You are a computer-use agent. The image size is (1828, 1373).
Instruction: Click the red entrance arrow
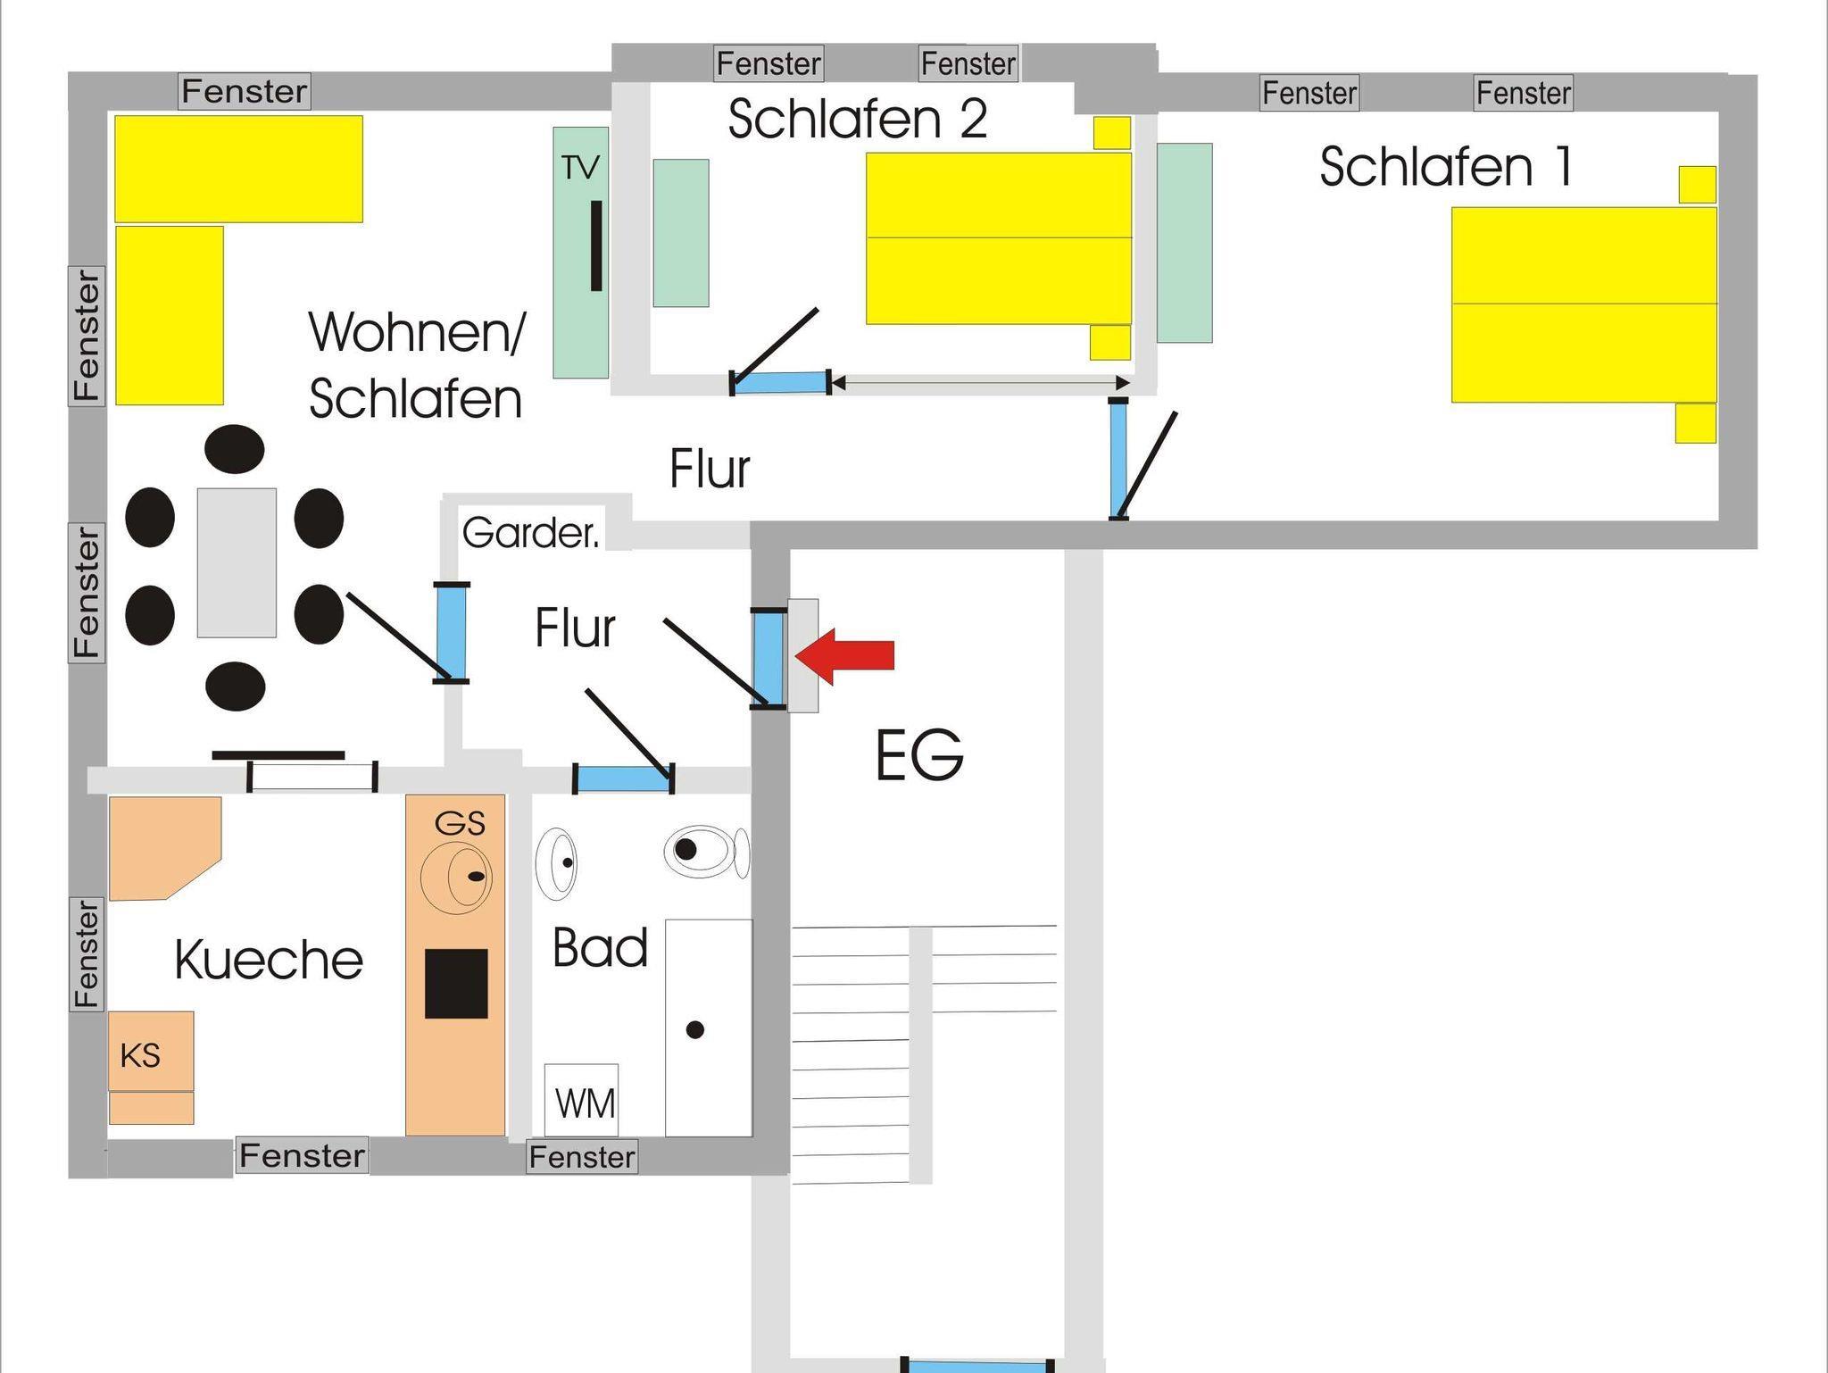click(843, 656)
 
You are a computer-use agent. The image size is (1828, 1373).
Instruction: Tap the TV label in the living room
click(580, 167)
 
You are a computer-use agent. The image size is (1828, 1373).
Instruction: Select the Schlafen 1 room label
click(1445, 167)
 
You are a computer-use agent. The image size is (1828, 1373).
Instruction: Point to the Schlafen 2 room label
click(857, 119)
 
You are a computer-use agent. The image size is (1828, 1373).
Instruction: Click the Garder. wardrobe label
click(530, 533)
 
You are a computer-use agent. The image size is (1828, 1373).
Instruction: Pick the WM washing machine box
click(582, 1101)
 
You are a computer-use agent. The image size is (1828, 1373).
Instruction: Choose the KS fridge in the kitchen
click(151, 1051)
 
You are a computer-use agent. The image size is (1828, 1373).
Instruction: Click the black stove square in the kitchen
click(456, 984)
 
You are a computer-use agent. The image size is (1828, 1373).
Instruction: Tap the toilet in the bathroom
click(705, 851)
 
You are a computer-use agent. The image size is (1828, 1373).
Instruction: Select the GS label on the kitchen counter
click(460, 823)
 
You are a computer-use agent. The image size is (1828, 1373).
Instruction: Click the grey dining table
click(237, 562)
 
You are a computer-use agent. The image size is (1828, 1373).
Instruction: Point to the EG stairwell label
click(918, 755)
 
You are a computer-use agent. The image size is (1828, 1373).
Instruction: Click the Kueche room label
click(269, 960)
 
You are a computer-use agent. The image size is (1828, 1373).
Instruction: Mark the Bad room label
click(600, 947)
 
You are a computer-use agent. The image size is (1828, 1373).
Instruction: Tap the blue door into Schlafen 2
click(781, 382)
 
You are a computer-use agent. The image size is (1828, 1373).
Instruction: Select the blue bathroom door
click(622, 779)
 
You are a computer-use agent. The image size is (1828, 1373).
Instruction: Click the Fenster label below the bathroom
click(582, 1157)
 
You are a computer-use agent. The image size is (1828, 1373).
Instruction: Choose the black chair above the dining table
click(234, 448)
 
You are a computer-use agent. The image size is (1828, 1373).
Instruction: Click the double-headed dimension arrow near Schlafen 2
click(979, 383)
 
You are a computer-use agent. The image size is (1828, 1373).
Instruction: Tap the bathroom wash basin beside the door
click(555, 863)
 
